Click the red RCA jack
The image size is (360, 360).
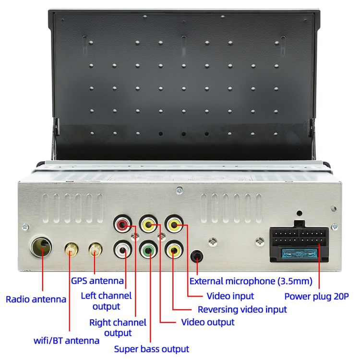point(122,224)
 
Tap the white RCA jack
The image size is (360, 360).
point(122,249)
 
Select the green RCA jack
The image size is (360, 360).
point(148,249)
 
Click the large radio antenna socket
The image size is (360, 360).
point(41,247)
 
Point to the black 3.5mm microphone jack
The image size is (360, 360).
point(197,256)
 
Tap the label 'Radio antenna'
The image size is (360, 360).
point(36,300)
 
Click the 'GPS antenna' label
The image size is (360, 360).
point(97,281)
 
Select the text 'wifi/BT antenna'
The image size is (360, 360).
point(66,340)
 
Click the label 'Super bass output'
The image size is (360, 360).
point(152,349)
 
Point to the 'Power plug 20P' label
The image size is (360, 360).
point(317,297)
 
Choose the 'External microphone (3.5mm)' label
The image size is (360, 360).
point(251,281)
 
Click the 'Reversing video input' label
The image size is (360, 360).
point(242,310)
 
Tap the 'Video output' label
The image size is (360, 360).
point(208,322)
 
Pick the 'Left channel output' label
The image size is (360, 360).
point(106,301)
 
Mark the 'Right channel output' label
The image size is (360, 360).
point(118,328)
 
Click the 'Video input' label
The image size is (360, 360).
point(230,296)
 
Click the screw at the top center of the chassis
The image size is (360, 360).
point(180,190)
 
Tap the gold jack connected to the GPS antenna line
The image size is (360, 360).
point(96,249)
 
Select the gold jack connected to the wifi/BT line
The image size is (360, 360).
point(72,250)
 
